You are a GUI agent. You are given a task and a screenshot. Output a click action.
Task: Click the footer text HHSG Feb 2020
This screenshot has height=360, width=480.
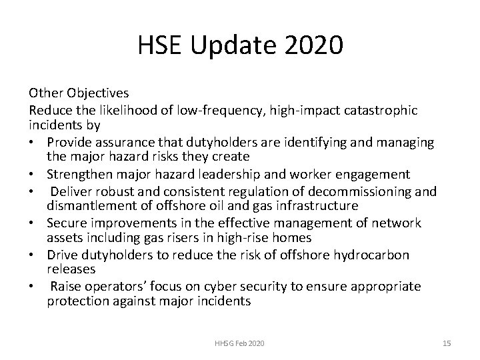[x=239, y=343]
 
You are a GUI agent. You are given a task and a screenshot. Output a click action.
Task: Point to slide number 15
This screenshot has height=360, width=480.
[x=447, y=343]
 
